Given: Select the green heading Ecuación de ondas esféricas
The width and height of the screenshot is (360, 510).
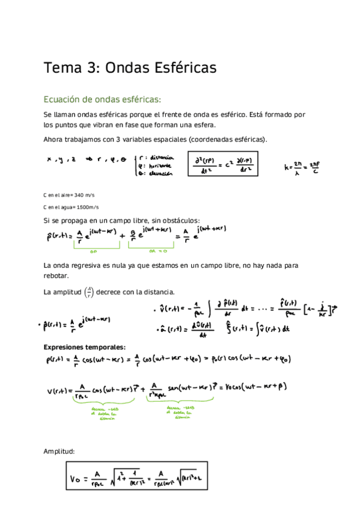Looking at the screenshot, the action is (102, 99).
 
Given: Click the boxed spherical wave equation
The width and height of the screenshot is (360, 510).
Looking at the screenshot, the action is (223, 164).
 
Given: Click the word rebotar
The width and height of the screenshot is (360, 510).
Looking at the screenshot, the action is (56, 276).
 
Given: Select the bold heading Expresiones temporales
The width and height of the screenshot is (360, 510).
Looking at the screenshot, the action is (84, 347).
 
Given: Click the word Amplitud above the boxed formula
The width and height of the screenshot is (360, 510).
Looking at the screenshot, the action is (59, 450).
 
